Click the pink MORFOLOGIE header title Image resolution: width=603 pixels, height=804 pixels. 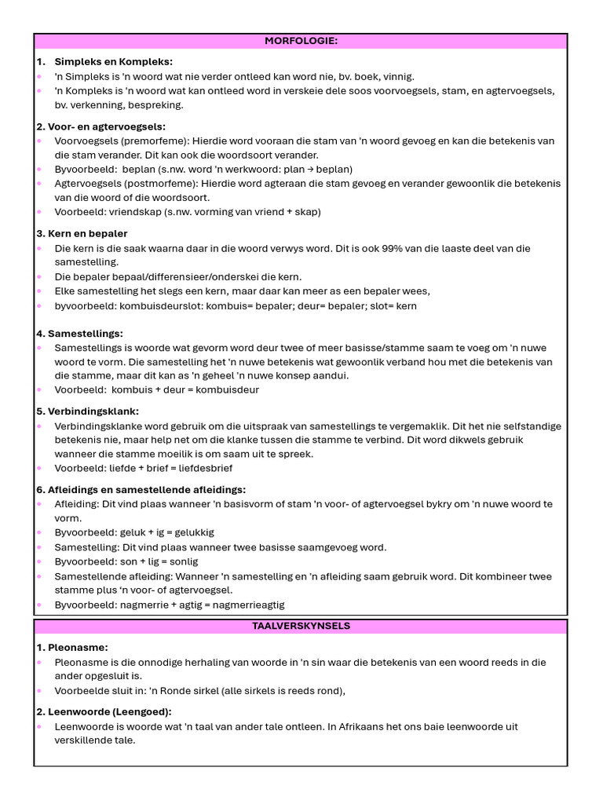(x=301, y=41)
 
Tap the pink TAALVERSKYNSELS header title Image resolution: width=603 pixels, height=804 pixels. (x=301, y=627)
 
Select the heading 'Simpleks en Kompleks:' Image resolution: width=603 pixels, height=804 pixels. (x=114, y=61)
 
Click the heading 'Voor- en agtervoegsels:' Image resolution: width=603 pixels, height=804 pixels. (x=100, y=126)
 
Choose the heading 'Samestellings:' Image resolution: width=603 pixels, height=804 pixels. (x=79, y=334)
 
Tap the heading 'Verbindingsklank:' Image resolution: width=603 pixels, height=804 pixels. (x=87, y=411)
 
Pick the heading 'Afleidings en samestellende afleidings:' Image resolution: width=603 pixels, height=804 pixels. (x=141, y=490)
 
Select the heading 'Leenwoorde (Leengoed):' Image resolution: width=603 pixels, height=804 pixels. (x=104, y=712)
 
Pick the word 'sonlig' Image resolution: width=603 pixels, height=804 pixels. (x=182, y=561)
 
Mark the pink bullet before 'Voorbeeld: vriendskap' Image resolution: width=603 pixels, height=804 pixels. (x=39, y=212)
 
